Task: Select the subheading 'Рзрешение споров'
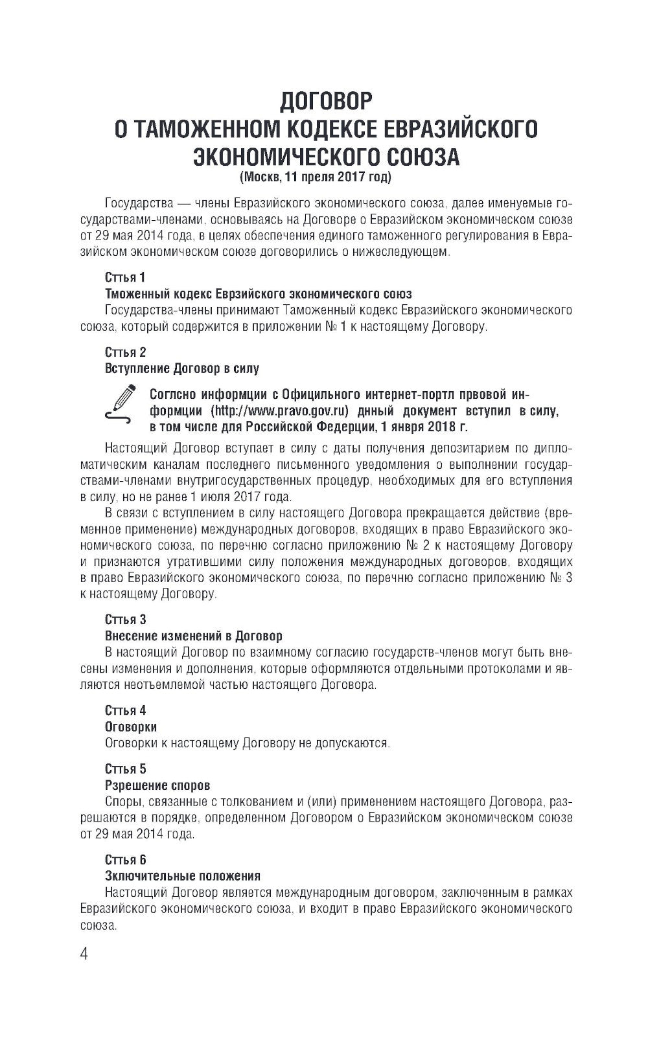click(157, 785)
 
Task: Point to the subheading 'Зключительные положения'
click(183, 876)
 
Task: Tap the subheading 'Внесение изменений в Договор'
click(194, 636)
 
